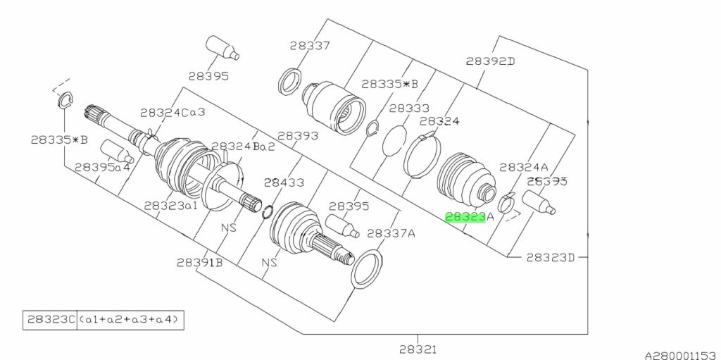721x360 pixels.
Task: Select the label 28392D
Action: tap(490, 61)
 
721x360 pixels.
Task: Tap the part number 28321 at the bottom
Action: tap(418, 348)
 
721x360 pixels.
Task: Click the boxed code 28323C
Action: tap(49, 320)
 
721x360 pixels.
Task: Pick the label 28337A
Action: tap(391, 232)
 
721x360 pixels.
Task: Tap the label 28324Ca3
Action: tap(173, 112)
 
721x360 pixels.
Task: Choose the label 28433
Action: tap(284, 182)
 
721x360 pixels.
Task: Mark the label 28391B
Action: tap(200, 262)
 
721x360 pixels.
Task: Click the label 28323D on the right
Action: tap(551, 257)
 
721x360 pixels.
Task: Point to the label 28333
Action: tap(408, 108)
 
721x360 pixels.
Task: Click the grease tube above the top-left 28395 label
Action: tap(221, 47)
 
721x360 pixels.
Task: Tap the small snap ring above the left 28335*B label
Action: tap(64, 101)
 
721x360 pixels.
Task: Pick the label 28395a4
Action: tap(103, 168)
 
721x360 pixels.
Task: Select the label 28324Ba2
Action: tap(243, 146)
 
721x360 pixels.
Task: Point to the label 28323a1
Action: tap(172, 205)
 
